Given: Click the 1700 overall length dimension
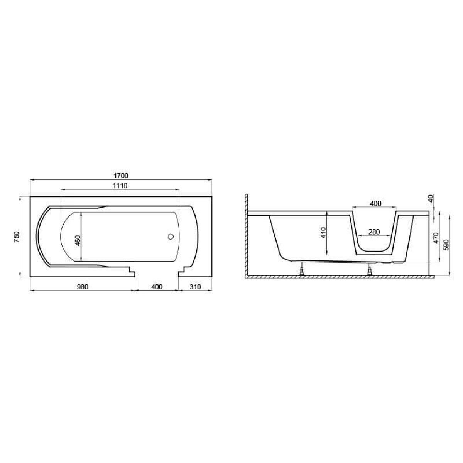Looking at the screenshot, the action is [121, 176].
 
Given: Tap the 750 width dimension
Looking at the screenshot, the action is [17, 237].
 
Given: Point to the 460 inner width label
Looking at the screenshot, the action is [78, 241].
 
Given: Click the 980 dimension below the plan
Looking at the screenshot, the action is [83, 287].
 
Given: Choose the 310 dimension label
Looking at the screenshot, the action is [195, 287].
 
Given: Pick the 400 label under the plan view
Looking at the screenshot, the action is [157, 287].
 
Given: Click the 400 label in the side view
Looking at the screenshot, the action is [375, 203].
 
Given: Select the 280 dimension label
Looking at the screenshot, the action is [374, 232].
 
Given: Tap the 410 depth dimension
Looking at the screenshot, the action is [323, 233].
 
